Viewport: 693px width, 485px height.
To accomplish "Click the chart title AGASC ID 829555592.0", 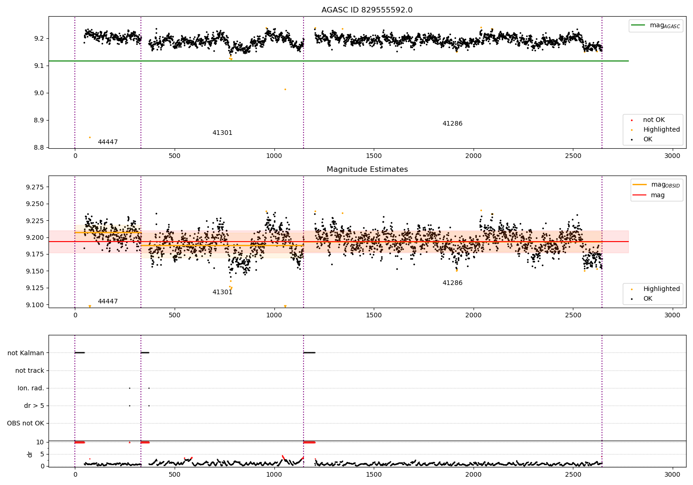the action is click(367, 10).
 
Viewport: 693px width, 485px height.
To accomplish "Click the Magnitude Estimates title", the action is click(367, 169).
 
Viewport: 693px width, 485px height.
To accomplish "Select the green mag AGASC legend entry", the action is click(656, 25).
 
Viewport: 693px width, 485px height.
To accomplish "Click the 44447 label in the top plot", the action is click(108, 142).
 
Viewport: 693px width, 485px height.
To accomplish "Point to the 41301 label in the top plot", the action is click(222, 133).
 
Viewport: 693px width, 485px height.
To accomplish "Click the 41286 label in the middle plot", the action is click(452, 283).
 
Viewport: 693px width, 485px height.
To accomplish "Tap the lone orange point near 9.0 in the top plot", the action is click(285, 90).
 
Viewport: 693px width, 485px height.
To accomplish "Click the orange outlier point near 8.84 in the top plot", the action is click(90, 137).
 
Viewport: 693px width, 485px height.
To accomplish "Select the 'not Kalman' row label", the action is click(26, 353).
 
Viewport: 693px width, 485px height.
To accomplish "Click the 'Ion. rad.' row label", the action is click(30, 388).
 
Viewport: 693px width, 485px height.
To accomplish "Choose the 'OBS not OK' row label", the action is click(25, 423).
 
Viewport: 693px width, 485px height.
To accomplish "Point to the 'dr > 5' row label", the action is click(34, 406).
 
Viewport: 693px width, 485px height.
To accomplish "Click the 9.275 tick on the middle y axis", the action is click(35, 187).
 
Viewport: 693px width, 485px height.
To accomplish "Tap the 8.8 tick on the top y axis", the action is click(39, 147).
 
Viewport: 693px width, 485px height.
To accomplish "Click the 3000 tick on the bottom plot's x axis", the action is click(672, 474).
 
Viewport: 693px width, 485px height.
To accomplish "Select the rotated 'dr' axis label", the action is click(30, 454).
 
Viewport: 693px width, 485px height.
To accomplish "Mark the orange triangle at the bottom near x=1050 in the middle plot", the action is click(285, 306).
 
